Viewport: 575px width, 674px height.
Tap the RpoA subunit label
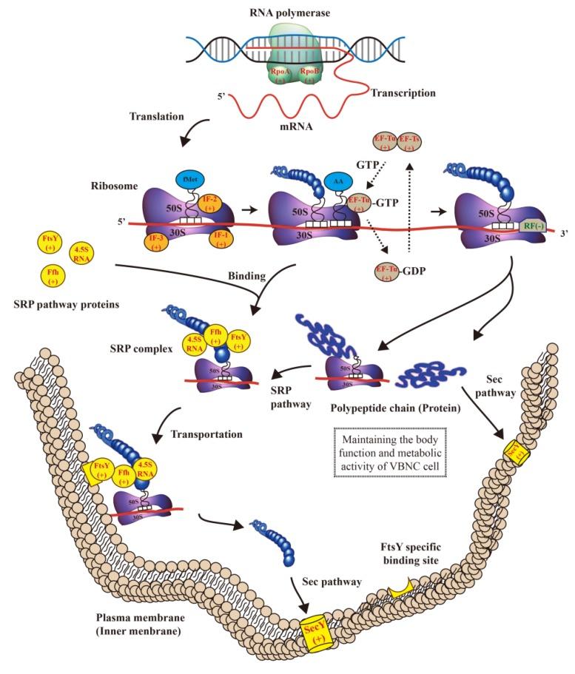[x=280, y=76]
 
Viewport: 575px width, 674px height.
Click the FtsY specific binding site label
[x=404, y=555]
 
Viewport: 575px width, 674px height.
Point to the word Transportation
[x=206, y=434]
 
